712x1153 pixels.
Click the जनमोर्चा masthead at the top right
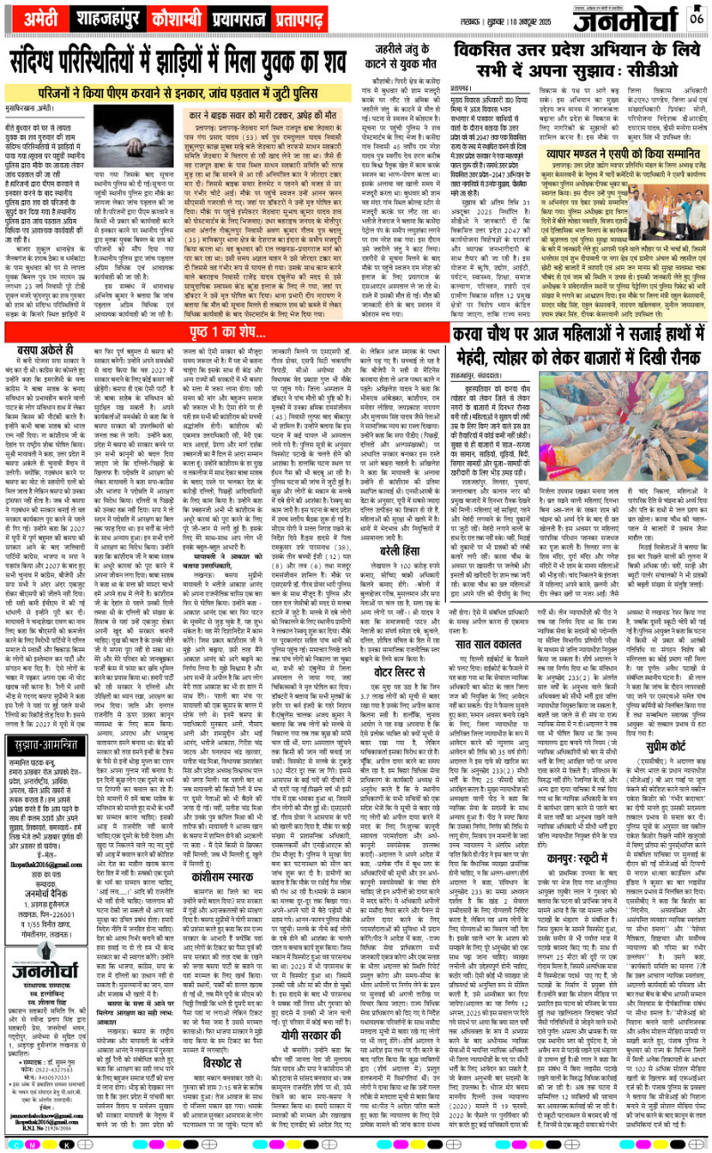pos(627,20)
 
